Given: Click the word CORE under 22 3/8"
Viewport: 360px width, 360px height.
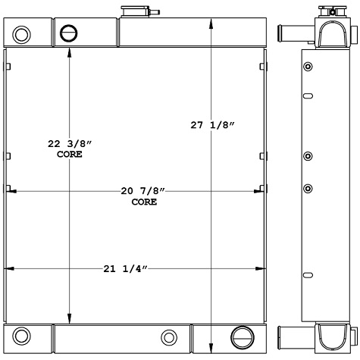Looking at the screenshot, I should (x=69, y=154).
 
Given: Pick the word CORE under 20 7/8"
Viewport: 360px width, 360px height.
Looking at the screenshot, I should (x=144, y=202).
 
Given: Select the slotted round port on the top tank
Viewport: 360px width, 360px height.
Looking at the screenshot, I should (x=69, y=33).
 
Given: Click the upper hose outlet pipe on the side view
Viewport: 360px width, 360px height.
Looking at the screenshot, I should (x=294, y=33).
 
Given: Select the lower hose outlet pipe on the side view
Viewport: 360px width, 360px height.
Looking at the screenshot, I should (x=293, y=333).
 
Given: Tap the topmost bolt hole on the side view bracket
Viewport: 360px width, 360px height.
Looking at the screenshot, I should (x=307, y=68).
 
